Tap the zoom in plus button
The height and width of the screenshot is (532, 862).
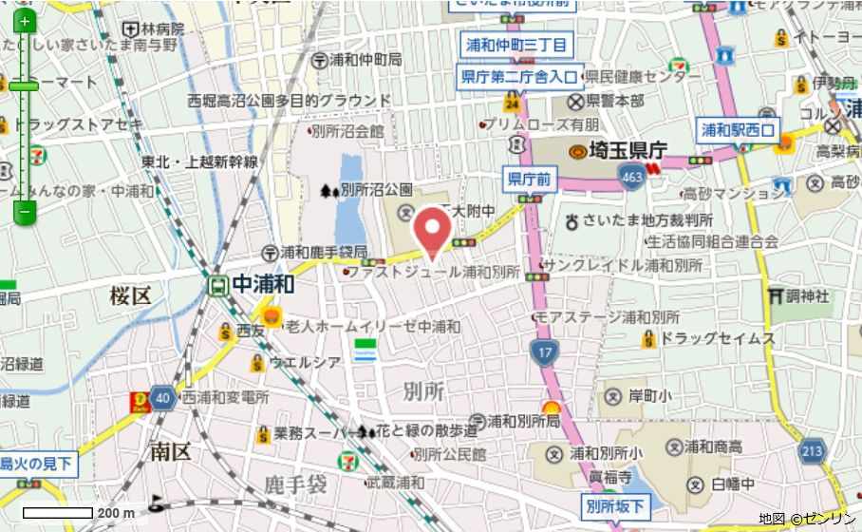click(x=25, y=21)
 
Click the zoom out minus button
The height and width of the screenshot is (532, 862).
click(x=25, y=211)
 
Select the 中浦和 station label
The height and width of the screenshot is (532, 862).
click(x=263, y=284)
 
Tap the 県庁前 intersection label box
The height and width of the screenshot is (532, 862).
click(x=530, y=178)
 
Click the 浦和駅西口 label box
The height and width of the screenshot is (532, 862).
click(x=738, y=129)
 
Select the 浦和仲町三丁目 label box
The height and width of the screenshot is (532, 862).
click(x=516, y=45)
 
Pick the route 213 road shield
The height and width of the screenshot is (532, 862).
click(x=812, y=449)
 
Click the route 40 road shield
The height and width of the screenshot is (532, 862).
click(x=162, y=398)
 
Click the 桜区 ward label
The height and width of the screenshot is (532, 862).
click(x=130, y=295)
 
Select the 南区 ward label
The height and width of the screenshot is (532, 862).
click(x=170, y=452)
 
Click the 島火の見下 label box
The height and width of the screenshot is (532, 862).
click(x=36, y=464)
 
